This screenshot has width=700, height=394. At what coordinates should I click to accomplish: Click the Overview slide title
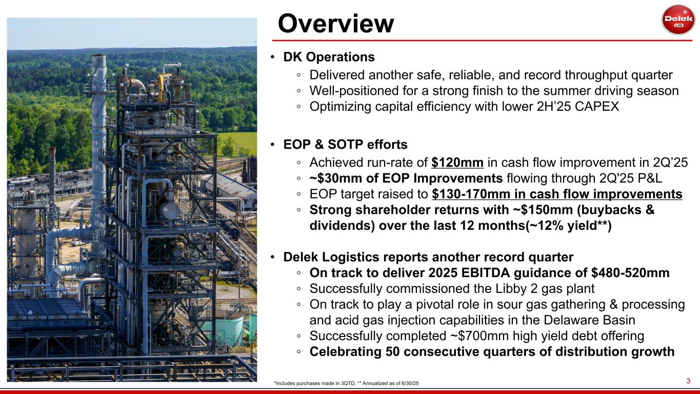(335, 24)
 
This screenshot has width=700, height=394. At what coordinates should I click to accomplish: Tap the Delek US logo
(678, 20)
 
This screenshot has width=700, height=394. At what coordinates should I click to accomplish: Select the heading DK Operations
(329, 57)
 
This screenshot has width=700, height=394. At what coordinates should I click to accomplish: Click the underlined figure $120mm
(457, 163)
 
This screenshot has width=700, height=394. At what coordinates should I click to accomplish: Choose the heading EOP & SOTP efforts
(345, 145)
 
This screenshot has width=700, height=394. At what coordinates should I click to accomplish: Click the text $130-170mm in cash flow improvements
(557, 194)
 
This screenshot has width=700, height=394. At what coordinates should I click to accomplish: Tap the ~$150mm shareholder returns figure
(543, 209)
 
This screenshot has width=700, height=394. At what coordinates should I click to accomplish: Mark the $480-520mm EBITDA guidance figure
(630, 273)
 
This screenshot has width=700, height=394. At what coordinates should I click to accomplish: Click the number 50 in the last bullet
(392, 351)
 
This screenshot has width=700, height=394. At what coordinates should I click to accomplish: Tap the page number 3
(688, 381)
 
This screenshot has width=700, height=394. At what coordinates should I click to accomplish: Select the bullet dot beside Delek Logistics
(272, 257)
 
